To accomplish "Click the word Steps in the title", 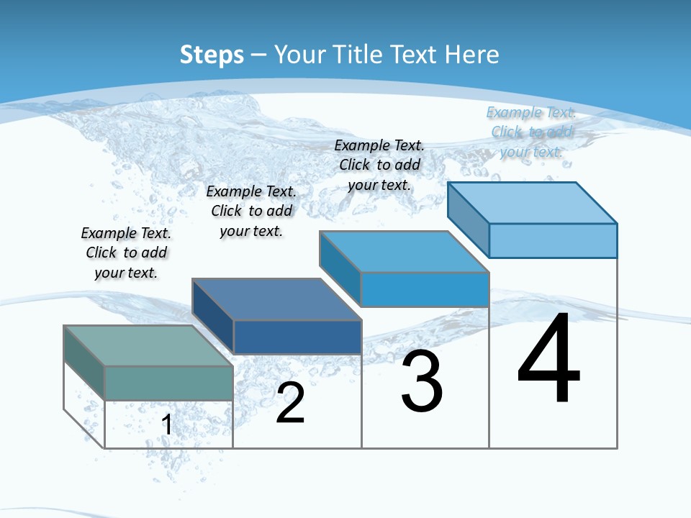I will pyautogui.click(x=212, y=55).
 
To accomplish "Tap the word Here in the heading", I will pyautogui.click(x=472, y=55).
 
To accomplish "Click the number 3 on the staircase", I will pyautogui.click(x=422, y=382).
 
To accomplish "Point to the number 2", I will pyautogui.click(x=290, y=403).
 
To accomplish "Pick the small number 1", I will pyautogui.click(x=167, y=424).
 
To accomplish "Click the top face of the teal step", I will pyautogui.click(x=148, y=345).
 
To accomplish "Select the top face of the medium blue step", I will pyautogui.click(x=404, y=252).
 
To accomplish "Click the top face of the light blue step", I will pyautogui.click(x=532, y=202).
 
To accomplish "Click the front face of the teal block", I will pyautogui.click(x=168, y=383).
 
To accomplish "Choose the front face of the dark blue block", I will pyautogui.click(x=297, y=337).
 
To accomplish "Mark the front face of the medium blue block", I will pyautogui.click(x=425, y=289).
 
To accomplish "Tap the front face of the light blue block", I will pyautogui.click(x=553, y=240).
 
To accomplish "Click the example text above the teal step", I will pyautogui.click(x=126, y=253).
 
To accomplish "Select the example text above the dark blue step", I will pyautogui.click(x=251, y=211).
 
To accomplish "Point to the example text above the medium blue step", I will pyautogui.click(x=379, y=165).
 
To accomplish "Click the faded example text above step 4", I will pyautogui.click(x=531, y=132).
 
